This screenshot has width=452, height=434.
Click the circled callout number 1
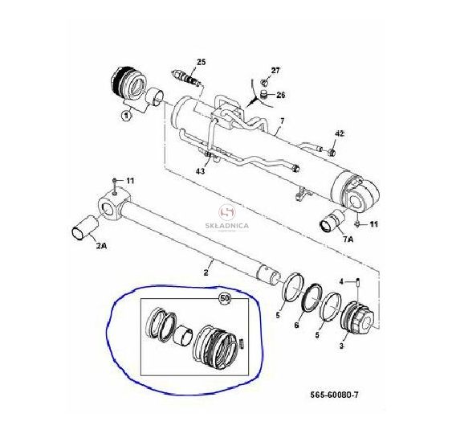point(126,116)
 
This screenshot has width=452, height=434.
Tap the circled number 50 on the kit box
point(225,299)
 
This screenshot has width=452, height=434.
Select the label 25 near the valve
point(202,62)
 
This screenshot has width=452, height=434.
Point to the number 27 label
point(275,71)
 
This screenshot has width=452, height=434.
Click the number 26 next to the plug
point(280,95)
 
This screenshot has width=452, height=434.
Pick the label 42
point(340,133)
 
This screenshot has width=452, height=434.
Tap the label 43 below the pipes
point(201,171)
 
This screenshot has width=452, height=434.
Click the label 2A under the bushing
point(101,246)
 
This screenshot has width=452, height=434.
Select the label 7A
point(348,240)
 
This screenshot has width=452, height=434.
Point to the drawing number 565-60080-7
point(335,395)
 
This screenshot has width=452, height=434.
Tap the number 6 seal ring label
point(296,325)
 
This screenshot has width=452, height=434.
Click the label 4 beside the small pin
point(341,281)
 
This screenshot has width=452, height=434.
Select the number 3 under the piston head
point(341,346)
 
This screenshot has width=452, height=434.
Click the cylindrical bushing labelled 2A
point(85,227)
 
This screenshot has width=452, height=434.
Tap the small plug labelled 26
point(263,94)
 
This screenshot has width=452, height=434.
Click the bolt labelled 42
point(331,151)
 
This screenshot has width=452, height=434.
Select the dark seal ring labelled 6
point(312,297)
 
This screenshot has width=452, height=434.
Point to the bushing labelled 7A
point(332,221)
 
